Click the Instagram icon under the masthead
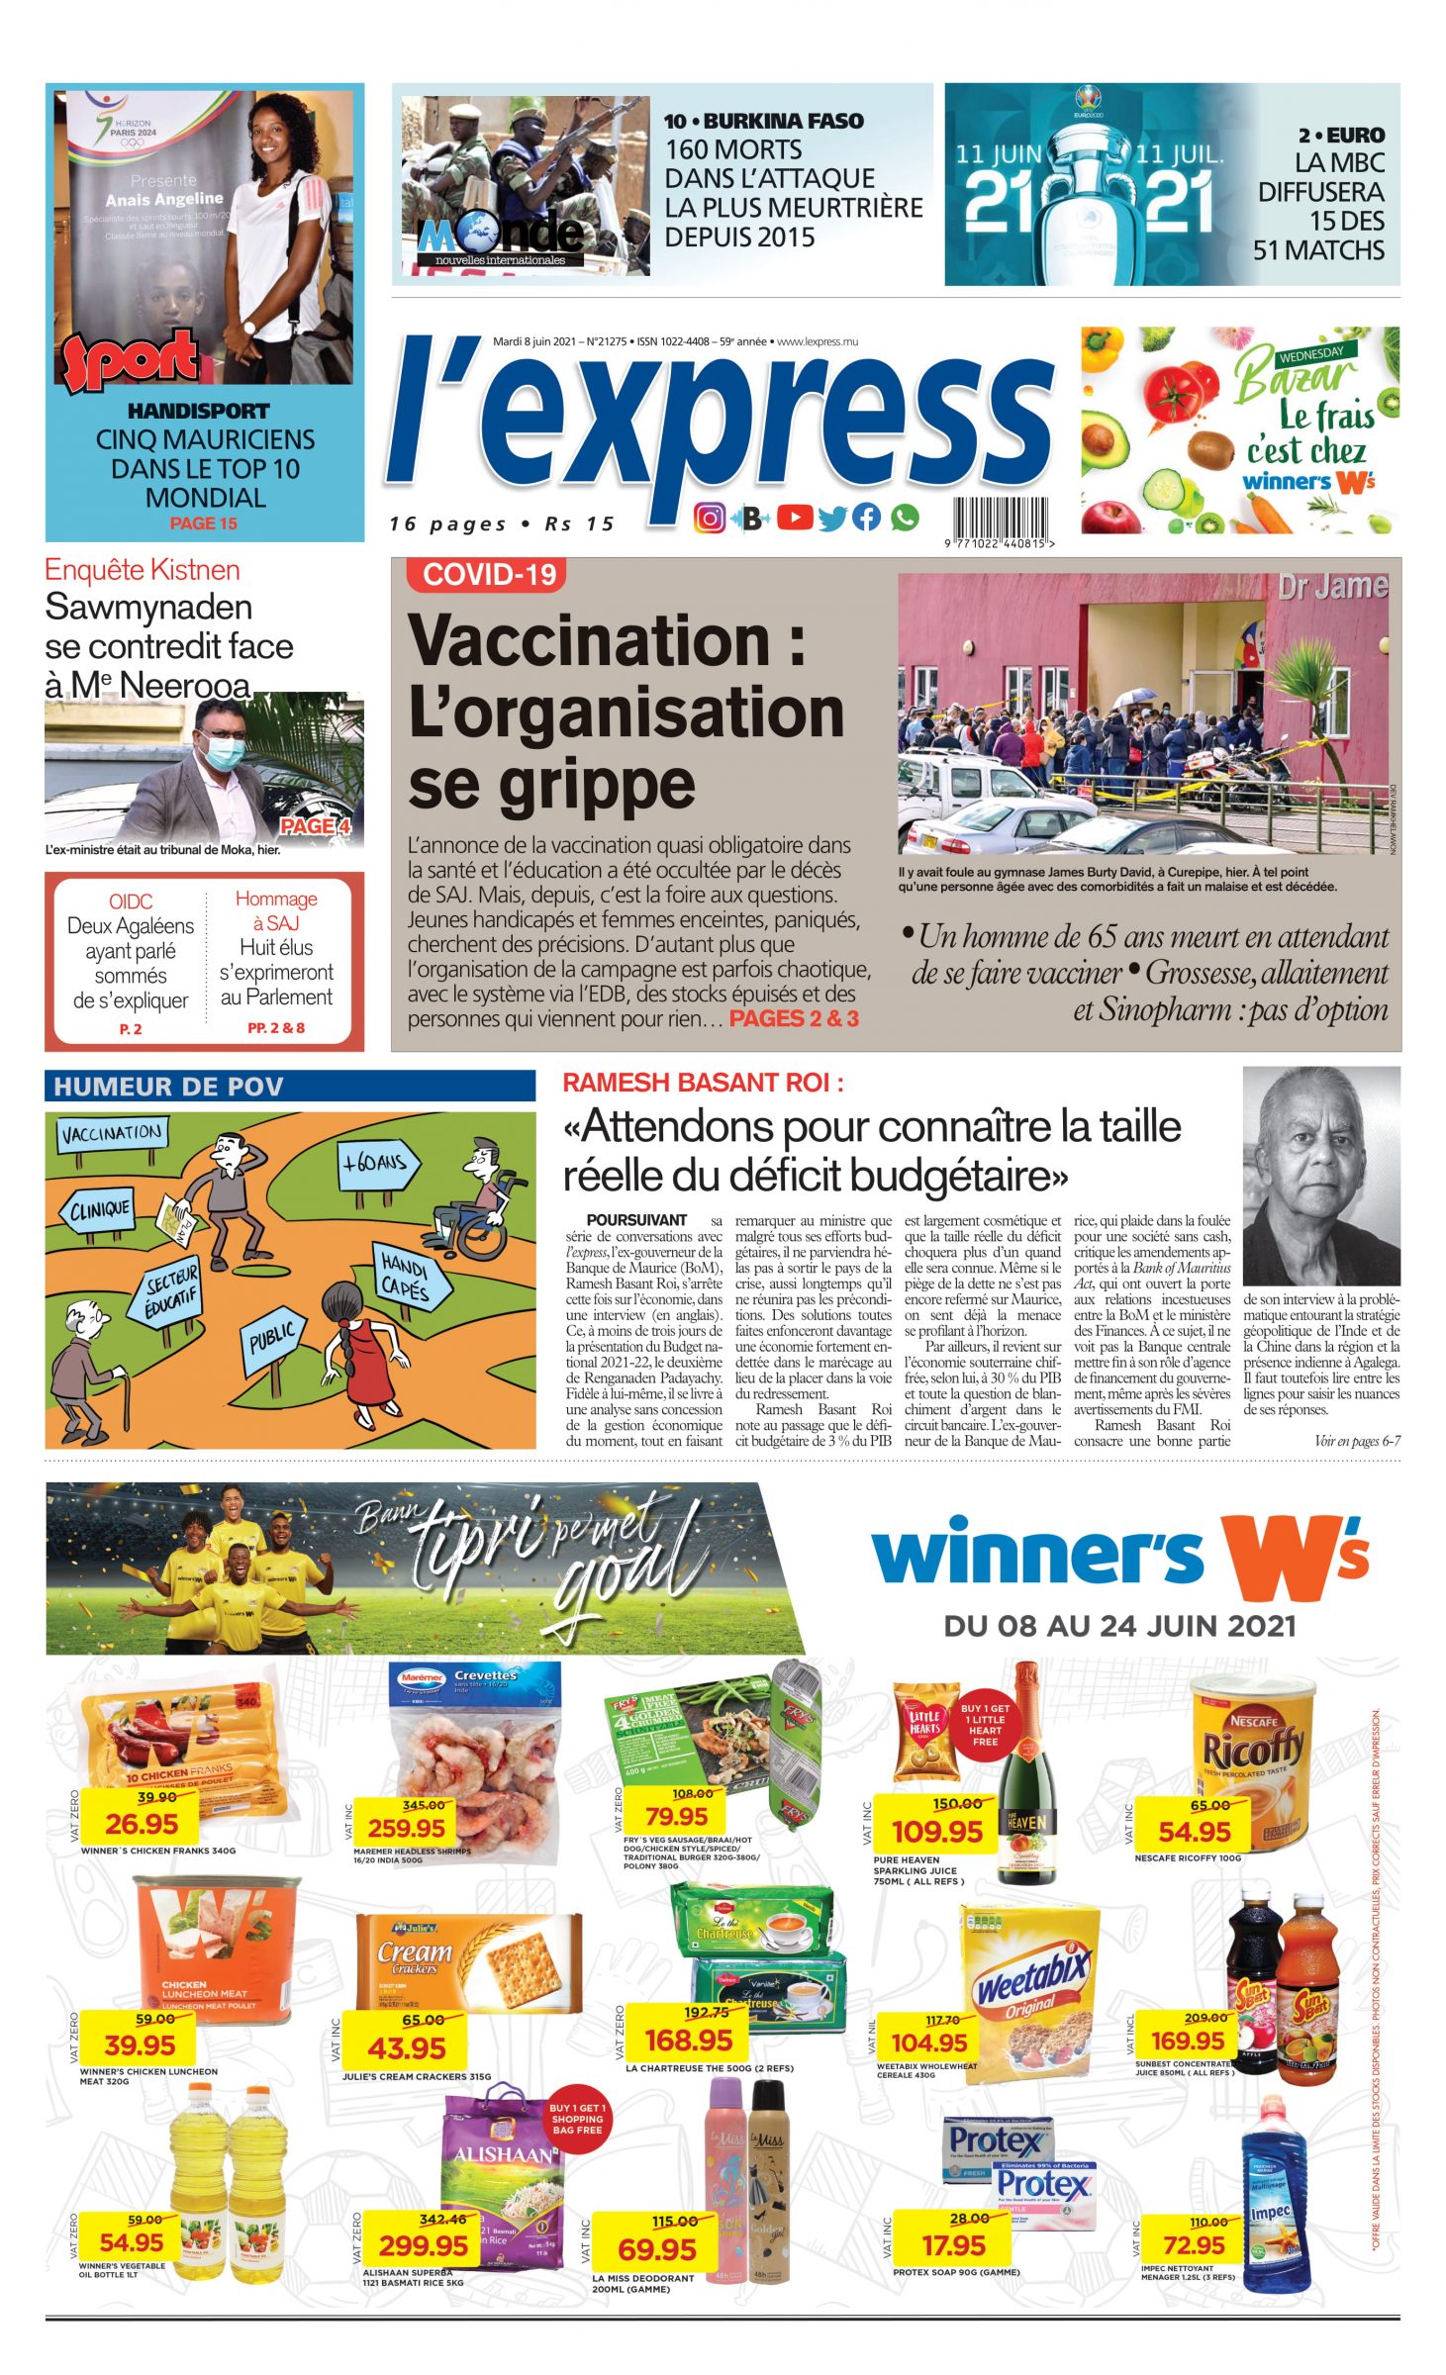[709, 518]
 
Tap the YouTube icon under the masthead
[795, 518]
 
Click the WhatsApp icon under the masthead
[904, 518]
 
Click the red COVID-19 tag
[490, 575]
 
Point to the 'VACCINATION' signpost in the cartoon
[112, 1133]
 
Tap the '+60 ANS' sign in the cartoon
[376, 1163]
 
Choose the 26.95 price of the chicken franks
[142, 1823]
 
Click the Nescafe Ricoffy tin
[1252, 1749]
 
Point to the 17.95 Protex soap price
[953, 2245]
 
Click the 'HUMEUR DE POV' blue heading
[168, 1087]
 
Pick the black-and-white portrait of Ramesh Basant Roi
[1320, 1176]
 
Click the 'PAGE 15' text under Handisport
[203, 523]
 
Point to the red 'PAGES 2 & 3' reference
[794, 1018]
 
